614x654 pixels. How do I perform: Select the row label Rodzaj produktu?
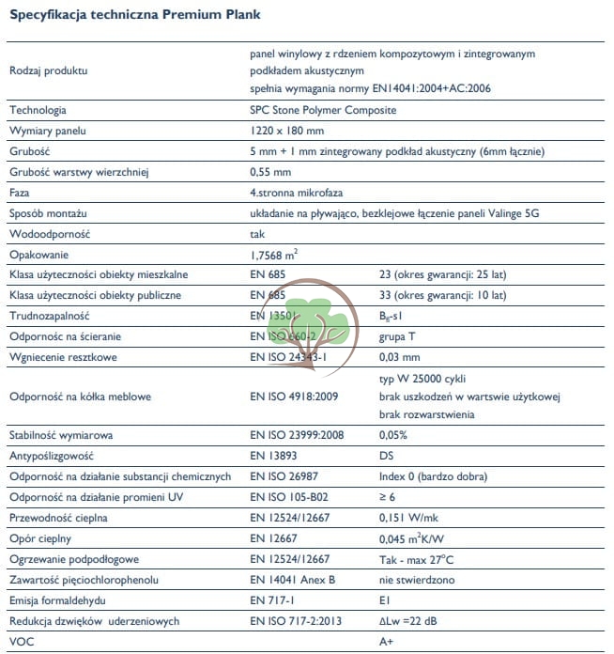[x=48, y=71]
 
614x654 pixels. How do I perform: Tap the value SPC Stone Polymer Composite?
[x=316, y=110]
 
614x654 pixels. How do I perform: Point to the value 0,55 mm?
[x=270, y=172]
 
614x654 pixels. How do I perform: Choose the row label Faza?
[x=20, y=193]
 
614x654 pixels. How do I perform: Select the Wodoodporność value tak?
[x=258, y=234]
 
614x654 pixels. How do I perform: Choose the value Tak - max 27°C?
[x=419, y=559]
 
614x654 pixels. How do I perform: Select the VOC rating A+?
[x=385, y=642]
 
